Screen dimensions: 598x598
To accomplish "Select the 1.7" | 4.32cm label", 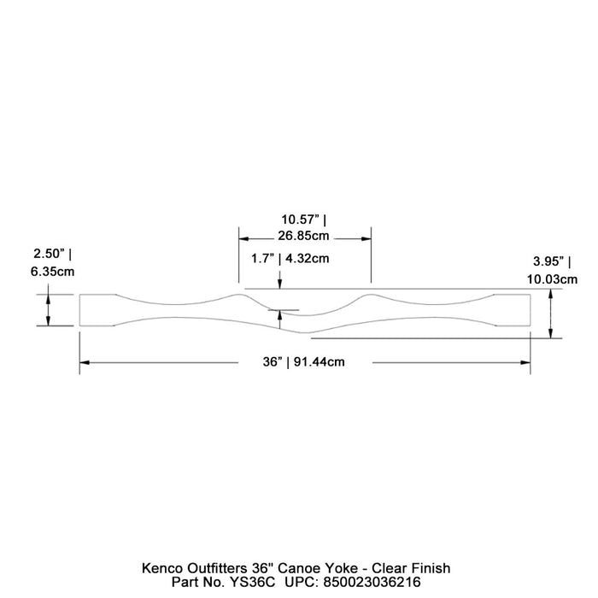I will click(290, 257).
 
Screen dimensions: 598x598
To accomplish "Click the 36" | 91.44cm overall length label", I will click(304, 362).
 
